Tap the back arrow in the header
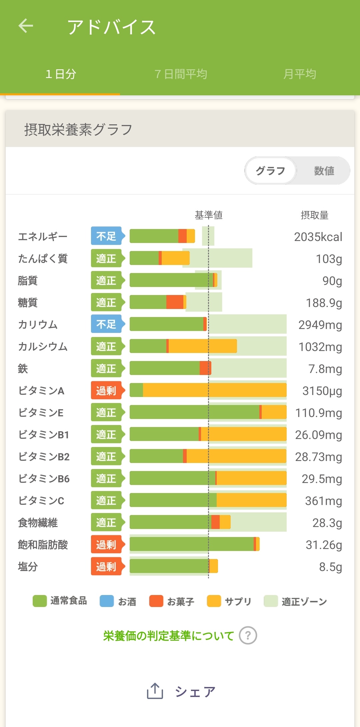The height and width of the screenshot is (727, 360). [26, 26]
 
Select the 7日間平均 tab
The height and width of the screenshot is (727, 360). [181, 74]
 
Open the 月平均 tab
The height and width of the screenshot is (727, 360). [299, 74]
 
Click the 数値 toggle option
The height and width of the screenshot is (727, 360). [324, 171]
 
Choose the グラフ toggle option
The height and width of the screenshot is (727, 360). [270, 171]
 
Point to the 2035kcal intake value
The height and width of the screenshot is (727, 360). [318, 237]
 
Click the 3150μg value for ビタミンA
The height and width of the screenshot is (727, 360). [322, 391]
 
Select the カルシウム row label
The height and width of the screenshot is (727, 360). [43, 347]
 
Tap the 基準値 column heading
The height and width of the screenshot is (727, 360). [209, 215]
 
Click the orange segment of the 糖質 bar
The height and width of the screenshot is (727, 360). [175, 302]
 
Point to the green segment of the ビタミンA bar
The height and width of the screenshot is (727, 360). [136, 390]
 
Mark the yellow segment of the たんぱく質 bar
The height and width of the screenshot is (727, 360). [175, 258]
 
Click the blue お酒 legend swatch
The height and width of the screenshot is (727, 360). [107, 601]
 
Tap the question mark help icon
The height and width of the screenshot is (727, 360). [248, 636]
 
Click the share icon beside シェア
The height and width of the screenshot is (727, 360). [155, 691]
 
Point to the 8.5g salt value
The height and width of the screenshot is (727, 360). [330, 567]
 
